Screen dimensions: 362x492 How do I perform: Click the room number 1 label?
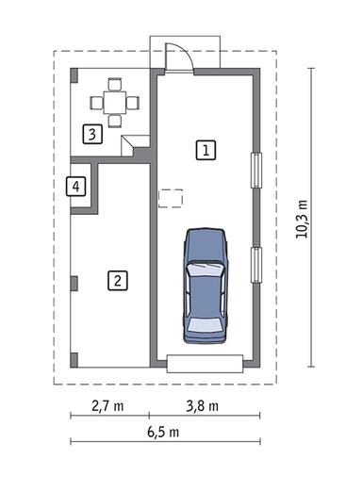206,150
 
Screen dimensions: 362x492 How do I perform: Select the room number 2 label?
118,280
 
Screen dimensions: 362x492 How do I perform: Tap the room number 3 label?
92,134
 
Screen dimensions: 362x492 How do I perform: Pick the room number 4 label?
75,187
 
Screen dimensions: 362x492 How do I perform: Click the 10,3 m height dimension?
302,220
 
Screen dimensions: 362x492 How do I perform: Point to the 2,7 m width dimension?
107,406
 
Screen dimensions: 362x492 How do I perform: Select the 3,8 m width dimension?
203,406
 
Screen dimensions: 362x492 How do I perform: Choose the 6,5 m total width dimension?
163,432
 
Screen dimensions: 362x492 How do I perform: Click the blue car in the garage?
206,285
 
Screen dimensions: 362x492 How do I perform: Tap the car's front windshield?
206,270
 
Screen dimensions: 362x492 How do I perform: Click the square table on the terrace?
114,103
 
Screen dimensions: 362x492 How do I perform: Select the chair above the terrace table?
114,84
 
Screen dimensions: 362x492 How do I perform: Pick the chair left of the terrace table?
96,103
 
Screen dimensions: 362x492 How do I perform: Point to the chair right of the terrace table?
133,103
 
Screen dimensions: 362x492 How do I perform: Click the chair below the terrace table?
115,121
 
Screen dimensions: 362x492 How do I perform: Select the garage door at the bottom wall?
205,364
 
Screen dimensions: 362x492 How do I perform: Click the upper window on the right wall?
256,171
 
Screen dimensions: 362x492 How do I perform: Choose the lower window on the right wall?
256,265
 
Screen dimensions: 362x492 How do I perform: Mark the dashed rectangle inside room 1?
171,198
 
